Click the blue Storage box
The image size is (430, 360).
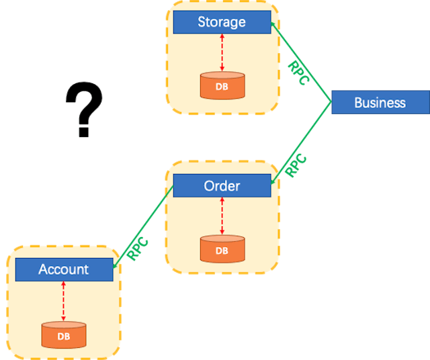[222, 22]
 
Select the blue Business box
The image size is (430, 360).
[380, 103]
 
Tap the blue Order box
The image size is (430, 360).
[222, 186]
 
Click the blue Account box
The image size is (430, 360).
[64, 269]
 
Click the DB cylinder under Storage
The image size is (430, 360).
[222, 86]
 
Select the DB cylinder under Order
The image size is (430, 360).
[222, 249]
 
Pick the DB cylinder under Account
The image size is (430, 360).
[64, 335]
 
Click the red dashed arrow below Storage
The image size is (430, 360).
[222, 52]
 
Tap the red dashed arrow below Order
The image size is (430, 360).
[222, 216]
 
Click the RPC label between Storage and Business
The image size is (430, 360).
[298, 73]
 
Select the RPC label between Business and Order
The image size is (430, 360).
[296, 165]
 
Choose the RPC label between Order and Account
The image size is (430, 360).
[138, 249]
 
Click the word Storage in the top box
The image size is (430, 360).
[222, 22]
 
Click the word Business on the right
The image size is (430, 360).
[380, 103]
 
